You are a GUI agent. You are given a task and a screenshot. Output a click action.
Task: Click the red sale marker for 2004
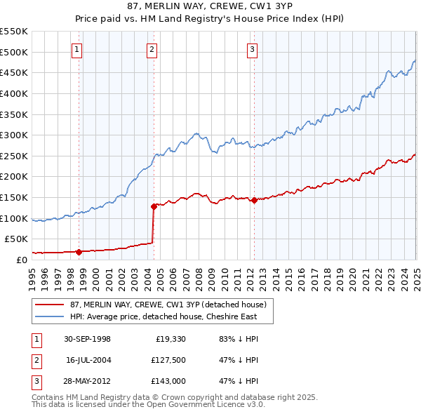pyautogui.click(x=154, y=206)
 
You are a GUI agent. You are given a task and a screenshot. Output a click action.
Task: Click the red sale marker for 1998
pyautogui.click(x=79, y=251)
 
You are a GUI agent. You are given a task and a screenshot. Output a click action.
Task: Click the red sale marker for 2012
pyautogui.click(x=254, y=200)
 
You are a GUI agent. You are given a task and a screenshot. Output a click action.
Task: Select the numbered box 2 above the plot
pyautogui.click(x=152, y=49)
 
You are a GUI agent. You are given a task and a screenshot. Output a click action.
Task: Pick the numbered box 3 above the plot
pyautogui.click(x=252, y=49)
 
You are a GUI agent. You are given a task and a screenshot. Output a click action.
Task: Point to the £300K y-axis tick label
pyautogui.click(x=14, y=135)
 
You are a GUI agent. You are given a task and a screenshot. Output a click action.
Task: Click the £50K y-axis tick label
pyautogui.click(x=17, y=239)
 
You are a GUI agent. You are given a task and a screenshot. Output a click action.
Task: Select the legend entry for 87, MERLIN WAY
pyautogui.click(x=168, y=305)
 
